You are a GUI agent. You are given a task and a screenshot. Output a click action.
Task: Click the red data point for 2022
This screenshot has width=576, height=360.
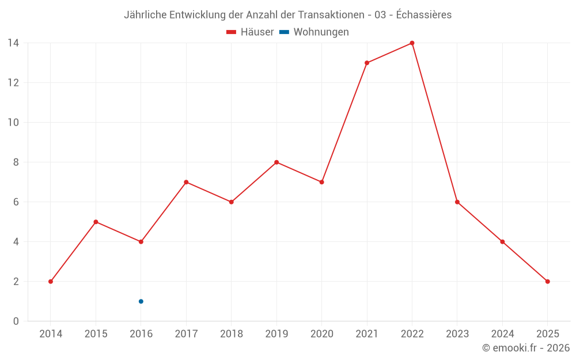pyautogui.click(x=412, y=43)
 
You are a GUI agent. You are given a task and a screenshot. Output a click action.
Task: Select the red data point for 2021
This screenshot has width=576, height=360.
pyautogui.click(x=367, y=63)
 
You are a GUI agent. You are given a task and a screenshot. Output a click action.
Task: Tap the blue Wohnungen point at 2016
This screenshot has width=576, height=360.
pyautogui.click(x=141, y=301)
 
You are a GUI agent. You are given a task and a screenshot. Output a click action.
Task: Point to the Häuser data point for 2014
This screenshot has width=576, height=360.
pyautogui.click(x=51, y=282)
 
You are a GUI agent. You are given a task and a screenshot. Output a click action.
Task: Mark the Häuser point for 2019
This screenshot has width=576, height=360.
pyautogui.click(x=276, y=162)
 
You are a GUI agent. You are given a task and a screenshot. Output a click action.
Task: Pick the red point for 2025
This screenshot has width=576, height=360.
pyautogui.click(x=547, y=282)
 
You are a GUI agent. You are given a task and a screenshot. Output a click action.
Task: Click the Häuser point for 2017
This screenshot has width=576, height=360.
pyautogui.click(x=186, y=182)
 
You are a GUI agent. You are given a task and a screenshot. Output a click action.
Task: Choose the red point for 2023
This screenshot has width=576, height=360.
pyautogui.click(x=457, y=202)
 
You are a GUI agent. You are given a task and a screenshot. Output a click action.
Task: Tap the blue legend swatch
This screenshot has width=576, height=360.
pyautogui.click(x=285, y=32)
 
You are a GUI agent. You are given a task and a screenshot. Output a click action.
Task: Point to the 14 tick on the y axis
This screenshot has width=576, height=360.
pyautogui.click(x=13, y=43)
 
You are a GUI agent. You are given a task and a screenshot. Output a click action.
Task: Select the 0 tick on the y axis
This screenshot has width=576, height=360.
pyautogui.click(x=16, y=321)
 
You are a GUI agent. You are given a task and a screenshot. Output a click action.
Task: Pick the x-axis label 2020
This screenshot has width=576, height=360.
pyautogui.click(x=322, y=334)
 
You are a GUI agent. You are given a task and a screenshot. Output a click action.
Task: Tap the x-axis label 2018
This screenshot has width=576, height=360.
pyautogui.click(x=232, y=334)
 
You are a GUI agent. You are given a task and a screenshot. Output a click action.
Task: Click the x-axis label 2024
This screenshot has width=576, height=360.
pyautogui.click(x=502, y=334)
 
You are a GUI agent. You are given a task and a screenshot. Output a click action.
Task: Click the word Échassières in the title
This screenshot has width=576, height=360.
pyautogui.click(x=424, y=15)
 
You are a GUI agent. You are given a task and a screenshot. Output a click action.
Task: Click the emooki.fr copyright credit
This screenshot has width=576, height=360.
pyautogui.click(x=526, y=348)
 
